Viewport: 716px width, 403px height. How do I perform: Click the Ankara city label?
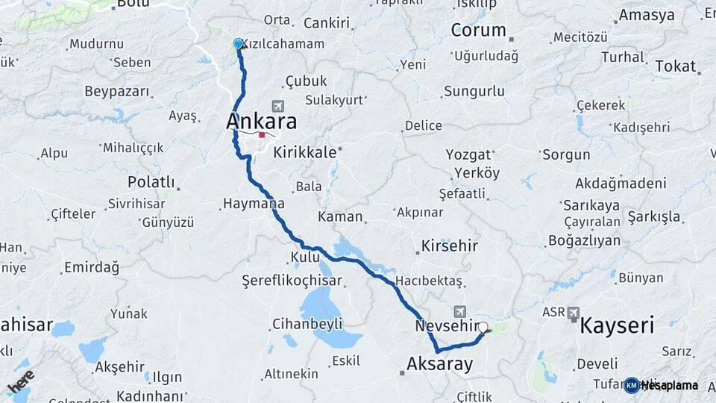coord(261,121)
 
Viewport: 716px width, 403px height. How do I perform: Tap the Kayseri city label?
coord(617,325)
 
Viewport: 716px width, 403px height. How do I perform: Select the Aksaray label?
coord(440,364)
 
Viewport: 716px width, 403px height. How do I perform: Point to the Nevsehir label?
coord(445,326)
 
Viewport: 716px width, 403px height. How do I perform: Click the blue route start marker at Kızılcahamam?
coord(239,44)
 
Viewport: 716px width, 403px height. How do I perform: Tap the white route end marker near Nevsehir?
coord(483,327)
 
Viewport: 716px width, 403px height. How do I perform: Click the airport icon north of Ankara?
coord(279,107)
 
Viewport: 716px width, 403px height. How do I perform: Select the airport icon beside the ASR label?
coord(574,313)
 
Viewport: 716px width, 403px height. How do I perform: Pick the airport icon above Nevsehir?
coord(459,310)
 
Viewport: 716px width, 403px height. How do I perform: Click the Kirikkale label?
coord(306,152)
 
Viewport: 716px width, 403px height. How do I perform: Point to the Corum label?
coord(479,31)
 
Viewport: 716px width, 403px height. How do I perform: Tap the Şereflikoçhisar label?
coord(292,281)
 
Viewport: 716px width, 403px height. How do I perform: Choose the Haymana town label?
coord(254,203)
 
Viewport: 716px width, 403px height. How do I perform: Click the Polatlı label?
coord(151,182)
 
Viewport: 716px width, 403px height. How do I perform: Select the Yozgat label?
coord(469,155)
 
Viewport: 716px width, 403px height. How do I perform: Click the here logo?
coord(21,383)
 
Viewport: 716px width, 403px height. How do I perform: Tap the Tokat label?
coord(676,66)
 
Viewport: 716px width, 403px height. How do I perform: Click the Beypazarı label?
coord(117,92)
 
